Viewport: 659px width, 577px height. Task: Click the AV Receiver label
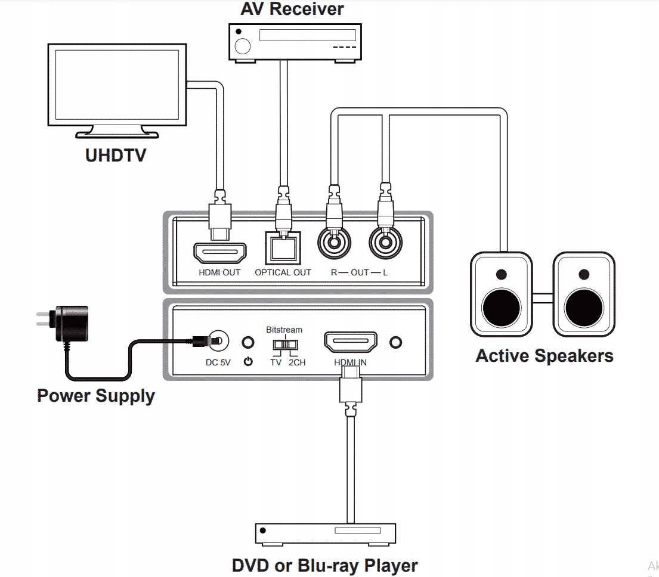[292, 10]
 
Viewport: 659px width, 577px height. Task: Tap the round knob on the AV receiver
[243, 46]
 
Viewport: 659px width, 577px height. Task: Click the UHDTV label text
[115, 156]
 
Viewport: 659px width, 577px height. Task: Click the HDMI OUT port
[220, 253]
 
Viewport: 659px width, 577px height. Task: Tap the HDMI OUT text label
[219, 273]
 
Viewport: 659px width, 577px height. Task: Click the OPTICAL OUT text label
[283, 273]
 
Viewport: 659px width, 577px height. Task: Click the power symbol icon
[248, 361]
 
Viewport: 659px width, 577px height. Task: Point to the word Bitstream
[284, 329]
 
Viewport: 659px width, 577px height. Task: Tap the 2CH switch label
[297, 362]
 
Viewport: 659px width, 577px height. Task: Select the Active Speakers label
[544, 356]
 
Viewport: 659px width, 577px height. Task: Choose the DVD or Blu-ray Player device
[326, 533]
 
